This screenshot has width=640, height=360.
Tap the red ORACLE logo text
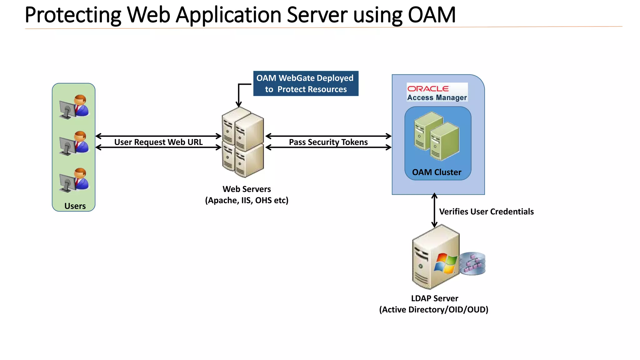pyautogui.click(x=428, y=89)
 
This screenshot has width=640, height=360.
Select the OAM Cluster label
pyautogui.click(x=437, y=172)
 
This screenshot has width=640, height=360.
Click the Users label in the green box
pyautogui.click(x=75, y=206)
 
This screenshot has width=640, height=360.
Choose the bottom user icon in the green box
pyautogui.click(x=74, y=180)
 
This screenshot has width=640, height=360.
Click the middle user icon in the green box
pyautogui.click(x=74, y=143)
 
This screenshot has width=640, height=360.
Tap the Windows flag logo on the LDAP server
pyautogui.click(x=445, y=263)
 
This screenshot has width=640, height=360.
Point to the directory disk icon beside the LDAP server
pyautogui.click(x=472, y=263)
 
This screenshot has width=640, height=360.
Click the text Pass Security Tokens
pyautogui.click(x=328, y=142)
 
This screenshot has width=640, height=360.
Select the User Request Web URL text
pyautogui.click(x=158, y=142)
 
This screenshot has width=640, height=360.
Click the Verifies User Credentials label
pyautogui.click(x=486, y=212)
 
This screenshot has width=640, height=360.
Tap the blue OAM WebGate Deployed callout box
pyautogui.click(x=306, y=83)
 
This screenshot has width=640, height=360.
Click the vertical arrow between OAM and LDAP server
pyautogui.click(x=434, y=210)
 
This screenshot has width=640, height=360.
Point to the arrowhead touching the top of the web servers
pyautogui.click(x=239, y=105)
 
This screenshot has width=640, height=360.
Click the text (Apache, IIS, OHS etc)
pyautogui.click(x=247, y=200)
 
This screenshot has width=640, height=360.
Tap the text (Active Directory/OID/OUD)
pyautogui.click(x=434, y=310)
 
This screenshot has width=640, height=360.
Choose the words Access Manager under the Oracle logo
pyautogui.click(x=437, y=97)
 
